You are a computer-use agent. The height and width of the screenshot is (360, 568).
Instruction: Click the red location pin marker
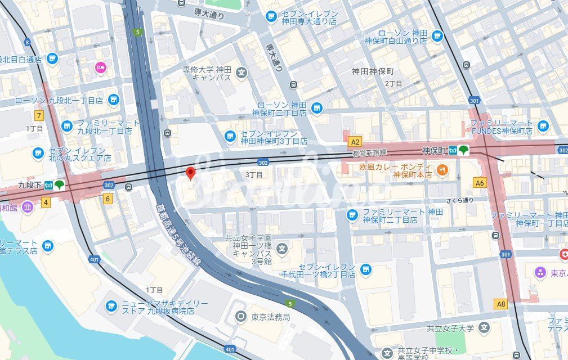[x=191, y=173]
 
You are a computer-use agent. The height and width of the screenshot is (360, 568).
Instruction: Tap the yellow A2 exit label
[x=355, y=142]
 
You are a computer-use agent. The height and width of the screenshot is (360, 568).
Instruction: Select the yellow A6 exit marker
[x=480, y=183]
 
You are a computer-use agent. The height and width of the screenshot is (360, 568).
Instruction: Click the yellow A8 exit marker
[x=500, y=304]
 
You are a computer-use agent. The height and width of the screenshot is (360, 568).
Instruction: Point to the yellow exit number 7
[x=39, y=116]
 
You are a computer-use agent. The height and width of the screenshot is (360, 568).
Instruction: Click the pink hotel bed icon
[x=101, y=68]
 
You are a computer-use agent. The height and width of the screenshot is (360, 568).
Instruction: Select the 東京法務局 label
[x=271, y=317]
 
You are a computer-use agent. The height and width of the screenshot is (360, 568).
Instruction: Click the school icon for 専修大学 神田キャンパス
[x=242, y=72]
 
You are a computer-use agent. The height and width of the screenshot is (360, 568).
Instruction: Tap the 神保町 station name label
[x=433, y=151]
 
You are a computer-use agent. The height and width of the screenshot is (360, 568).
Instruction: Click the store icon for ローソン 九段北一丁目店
[x=114, y=100]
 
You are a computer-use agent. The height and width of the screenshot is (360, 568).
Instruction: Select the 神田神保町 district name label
[x=373, y=71]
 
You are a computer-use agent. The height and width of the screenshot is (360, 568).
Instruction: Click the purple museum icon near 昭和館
[x=28, y=206]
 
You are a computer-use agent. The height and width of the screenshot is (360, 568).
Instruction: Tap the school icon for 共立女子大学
[x=484, y=327]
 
